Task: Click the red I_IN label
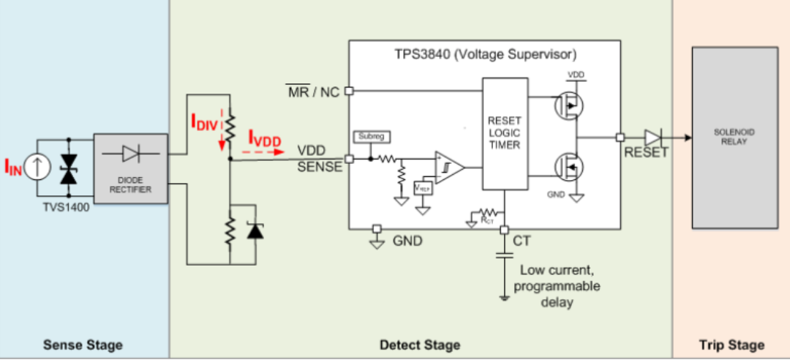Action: pos(14,169)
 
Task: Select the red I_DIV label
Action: pos(205,122)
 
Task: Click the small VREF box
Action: pos(423,187)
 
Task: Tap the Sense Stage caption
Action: pos(83,345)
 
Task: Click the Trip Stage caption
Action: pos(731,345)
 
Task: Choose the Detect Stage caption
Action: pos(420,345)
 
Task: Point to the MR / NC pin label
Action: pos(312,93)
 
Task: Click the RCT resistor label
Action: pos(486,217)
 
